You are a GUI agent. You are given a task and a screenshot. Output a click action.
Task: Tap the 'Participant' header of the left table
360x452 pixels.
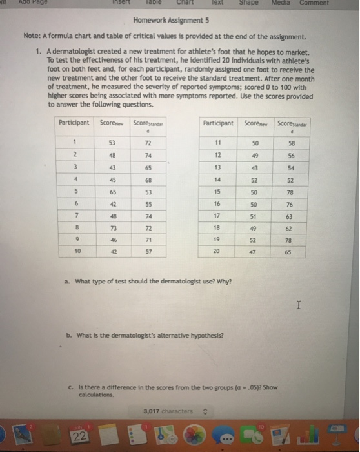pyautogui.click(x=74, y=122)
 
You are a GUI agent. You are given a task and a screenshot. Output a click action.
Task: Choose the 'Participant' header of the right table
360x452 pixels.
pyautogui.click(x=218, y=122)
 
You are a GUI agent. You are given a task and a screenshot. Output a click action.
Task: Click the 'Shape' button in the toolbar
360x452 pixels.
pyautogui.click(x=248, y=3)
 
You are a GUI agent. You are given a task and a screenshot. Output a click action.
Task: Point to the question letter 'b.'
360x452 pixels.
pyautogui.click(x=70, y=335)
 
